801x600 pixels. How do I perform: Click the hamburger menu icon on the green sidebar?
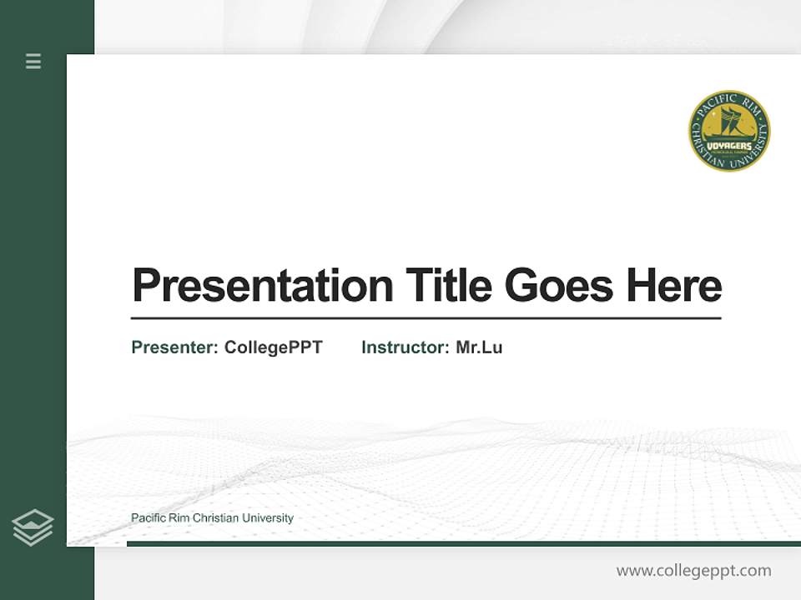point(33,61)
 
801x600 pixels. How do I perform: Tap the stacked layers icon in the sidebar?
point(33,527)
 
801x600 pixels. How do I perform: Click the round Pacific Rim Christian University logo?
point(729,132)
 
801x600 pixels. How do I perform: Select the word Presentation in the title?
point(262,285)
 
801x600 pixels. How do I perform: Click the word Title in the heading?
point(448,285)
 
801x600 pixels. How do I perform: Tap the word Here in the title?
point(673,285)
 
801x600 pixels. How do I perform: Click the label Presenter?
point(174,347)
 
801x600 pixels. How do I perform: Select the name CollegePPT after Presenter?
point(274,347)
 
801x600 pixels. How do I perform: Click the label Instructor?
point(405,347)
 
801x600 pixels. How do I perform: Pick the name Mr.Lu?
point(479,347)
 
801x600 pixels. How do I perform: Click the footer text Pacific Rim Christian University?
point(212,518)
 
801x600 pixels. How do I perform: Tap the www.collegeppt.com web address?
point(693,571)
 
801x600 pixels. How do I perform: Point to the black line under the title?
point(426,318)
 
